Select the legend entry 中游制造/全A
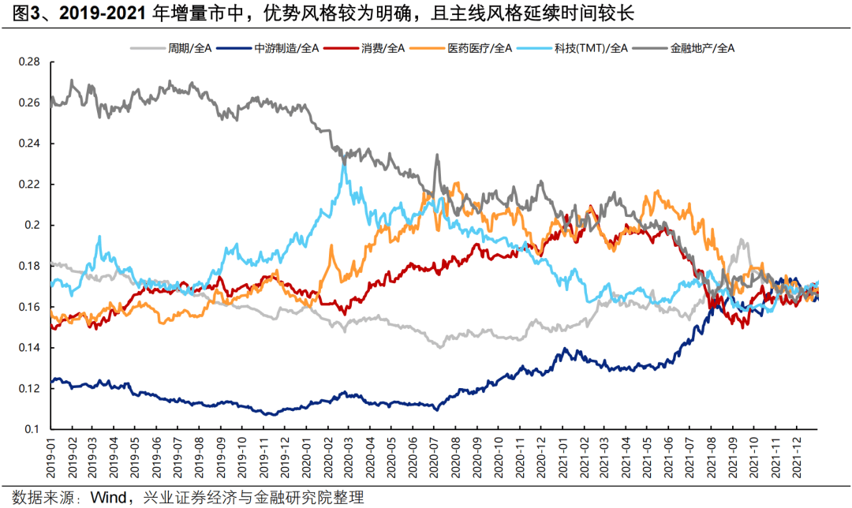click(287, 48)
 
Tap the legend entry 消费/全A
click(383, 48)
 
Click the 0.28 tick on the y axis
click(31, 62)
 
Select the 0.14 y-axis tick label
click(31, 348)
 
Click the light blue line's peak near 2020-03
click(343, 161)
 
